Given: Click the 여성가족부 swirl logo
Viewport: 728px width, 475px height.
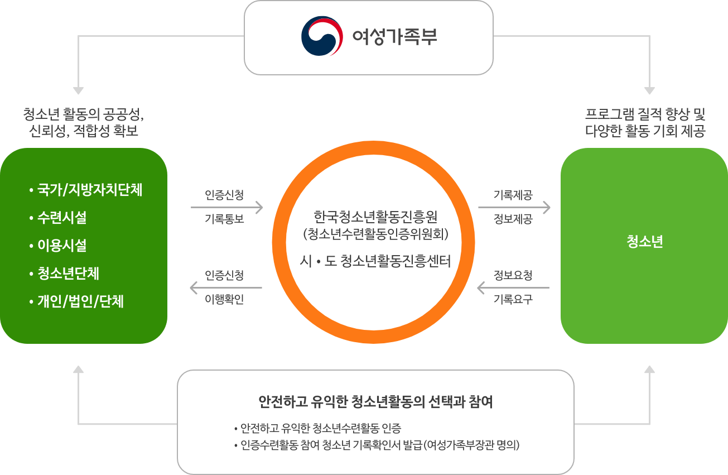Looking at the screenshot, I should (x=322, y=37).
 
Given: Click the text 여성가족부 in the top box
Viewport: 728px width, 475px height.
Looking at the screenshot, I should (x=394, y=37).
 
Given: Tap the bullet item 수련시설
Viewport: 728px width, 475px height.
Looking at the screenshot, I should (x=61, y=218).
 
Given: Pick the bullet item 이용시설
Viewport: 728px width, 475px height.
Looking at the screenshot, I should (x=61, y=246).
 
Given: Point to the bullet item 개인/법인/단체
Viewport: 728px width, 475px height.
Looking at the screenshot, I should (x=80, y=302).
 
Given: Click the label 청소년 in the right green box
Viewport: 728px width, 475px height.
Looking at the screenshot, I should (x=644, y=243).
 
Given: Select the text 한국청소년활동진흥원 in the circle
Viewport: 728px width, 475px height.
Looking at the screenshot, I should (x=375, y=217).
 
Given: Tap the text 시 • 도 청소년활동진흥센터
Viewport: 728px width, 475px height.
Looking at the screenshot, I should (x=375, y=261).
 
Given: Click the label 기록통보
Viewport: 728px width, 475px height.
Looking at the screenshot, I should (x=224, y=219).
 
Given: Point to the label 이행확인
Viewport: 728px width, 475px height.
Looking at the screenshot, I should (x=224, y=300).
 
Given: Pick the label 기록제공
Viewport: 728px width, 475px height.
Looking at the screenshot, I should (x=513, y=195).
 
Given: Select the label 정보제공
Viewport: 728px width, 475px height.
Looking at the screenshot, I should (x=513, y=219).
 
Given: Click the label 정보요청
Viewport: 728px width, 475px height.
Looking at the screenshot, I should (x=513, y=276).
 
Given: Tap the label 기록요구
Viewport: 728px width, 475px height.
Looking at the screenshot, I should (x=513, y=300).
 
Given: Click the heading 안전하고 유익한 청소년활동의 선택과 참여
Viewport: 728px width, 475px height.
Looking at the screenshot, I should (x=375, y=402).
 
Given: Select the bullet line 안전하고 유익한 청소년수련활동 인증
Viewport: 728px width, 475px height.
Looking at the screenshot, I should (x=320, y=429).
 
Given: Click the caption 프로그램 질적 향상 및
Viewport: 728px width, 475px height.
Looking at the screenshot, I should (x=645, y=115).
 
